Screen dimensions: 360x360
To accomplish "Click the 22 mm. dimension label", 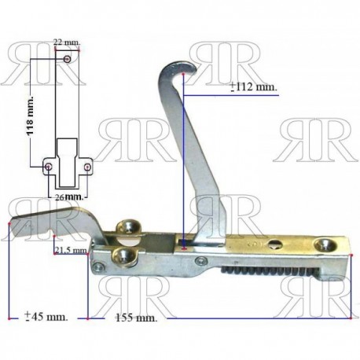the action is click(x=67, y=42).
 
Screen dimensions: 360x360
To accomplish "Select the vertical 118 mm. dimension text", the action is click(x=31, y=116).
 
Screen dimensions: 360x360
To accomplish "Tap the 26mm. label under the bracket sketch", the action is click(x=70, y=197).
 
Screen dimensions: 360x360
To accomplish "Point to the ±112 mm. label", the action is click(x=254, y=86).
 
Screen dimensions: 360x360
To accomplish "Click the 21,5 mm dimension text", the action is click(x=71, y=250).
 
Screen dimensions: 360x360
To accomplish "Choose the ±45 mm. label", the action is click(x=46, y=317).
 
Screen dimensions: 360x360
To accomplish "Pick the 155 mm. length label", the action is click(x=137, y=318).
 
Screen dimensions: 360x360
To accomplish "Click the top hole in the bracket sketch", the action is click(x=68, y=59).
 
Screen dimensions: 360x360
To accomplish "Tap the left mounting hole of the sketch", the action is click(x=49, y=167).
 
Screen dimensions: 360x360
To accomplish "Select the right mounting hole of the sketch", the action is click(x=88, y=167).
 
